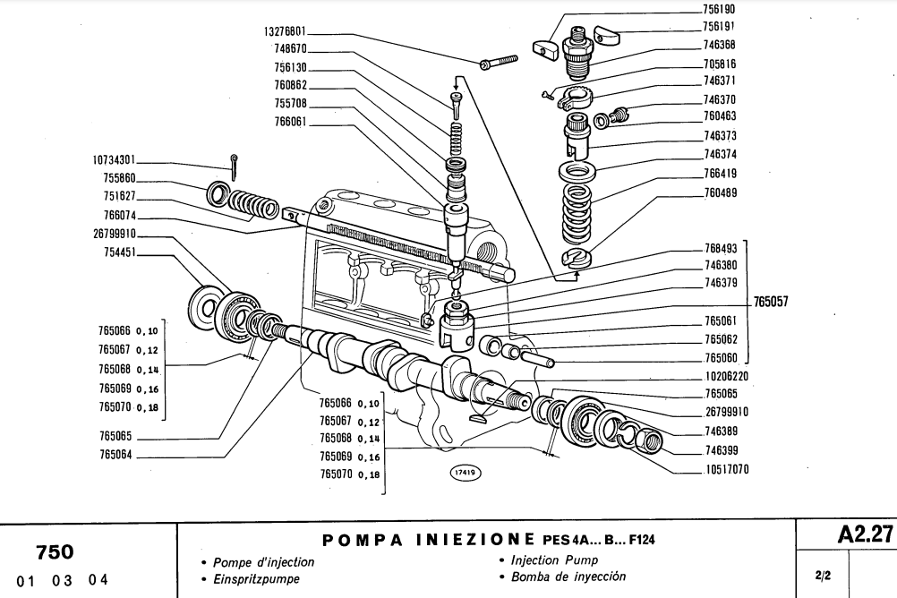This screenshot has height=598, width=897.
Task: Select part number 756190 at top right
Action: (x=719, y=8)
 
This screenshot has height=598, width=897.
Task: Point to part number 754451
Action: (x=118, y=253)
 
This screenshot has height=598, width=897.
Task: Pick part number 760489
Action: (x=719, y=192)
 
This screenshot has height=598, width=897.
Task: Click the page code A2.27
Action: (x=865, y=534)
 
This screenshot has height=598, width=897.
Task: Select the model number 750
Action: (x=55, y=551)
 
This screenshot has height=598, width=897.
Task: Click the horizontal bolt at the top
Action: (x=500, y=62)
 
